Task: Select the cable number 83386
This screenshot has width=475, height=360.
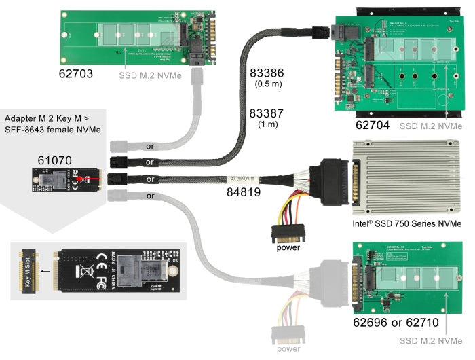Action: click(267, 72)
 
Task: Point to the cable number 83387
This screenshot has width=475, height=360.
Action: click(267, 113)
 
